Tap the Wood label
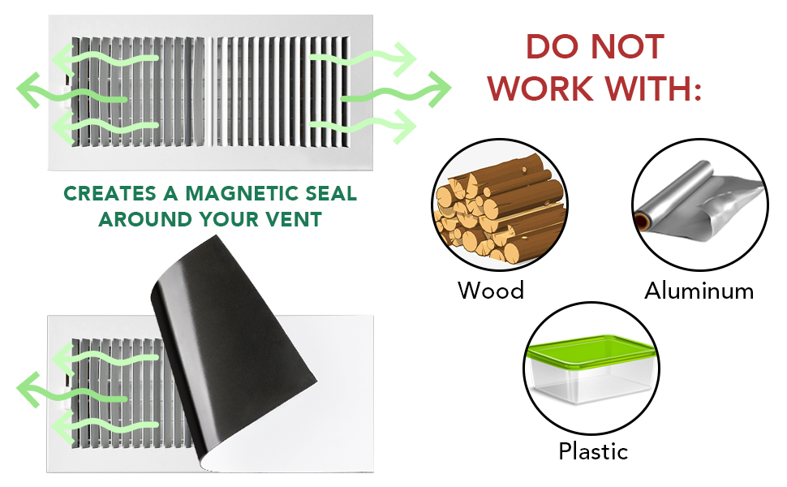point(491,290)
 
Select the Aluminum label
point(699,290)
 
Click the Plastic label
point(593,451)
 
